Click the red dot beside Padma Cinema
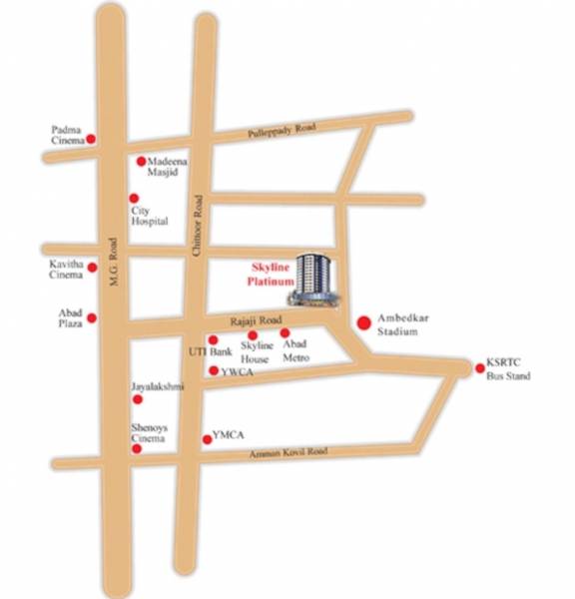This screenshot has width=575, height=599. (x=91, y=139)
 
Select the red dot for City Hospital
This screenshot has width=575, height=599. (x=135, y=198)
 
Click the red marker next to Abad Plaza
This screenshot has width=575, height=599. (x=91, y=318)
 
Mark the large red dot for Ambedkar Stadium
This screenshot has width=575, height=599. (x=363, y=321)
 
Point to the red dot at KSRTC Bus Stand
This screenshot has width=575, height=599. (x=479, y=368)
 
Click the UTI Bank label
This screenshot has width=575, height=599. (x=210, y=352)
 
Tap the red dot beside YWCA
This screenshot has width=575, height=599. (x=213, y=370)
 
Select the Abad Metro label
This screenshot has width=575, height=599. (x=294, y=351)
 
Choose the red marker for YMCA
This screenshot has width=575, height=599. (x=207, y=437)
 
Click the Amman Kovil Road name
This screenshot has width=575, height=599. (x=290, y=452)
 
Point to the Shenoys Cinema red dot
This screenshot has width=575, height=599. (x=137, y=448)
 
